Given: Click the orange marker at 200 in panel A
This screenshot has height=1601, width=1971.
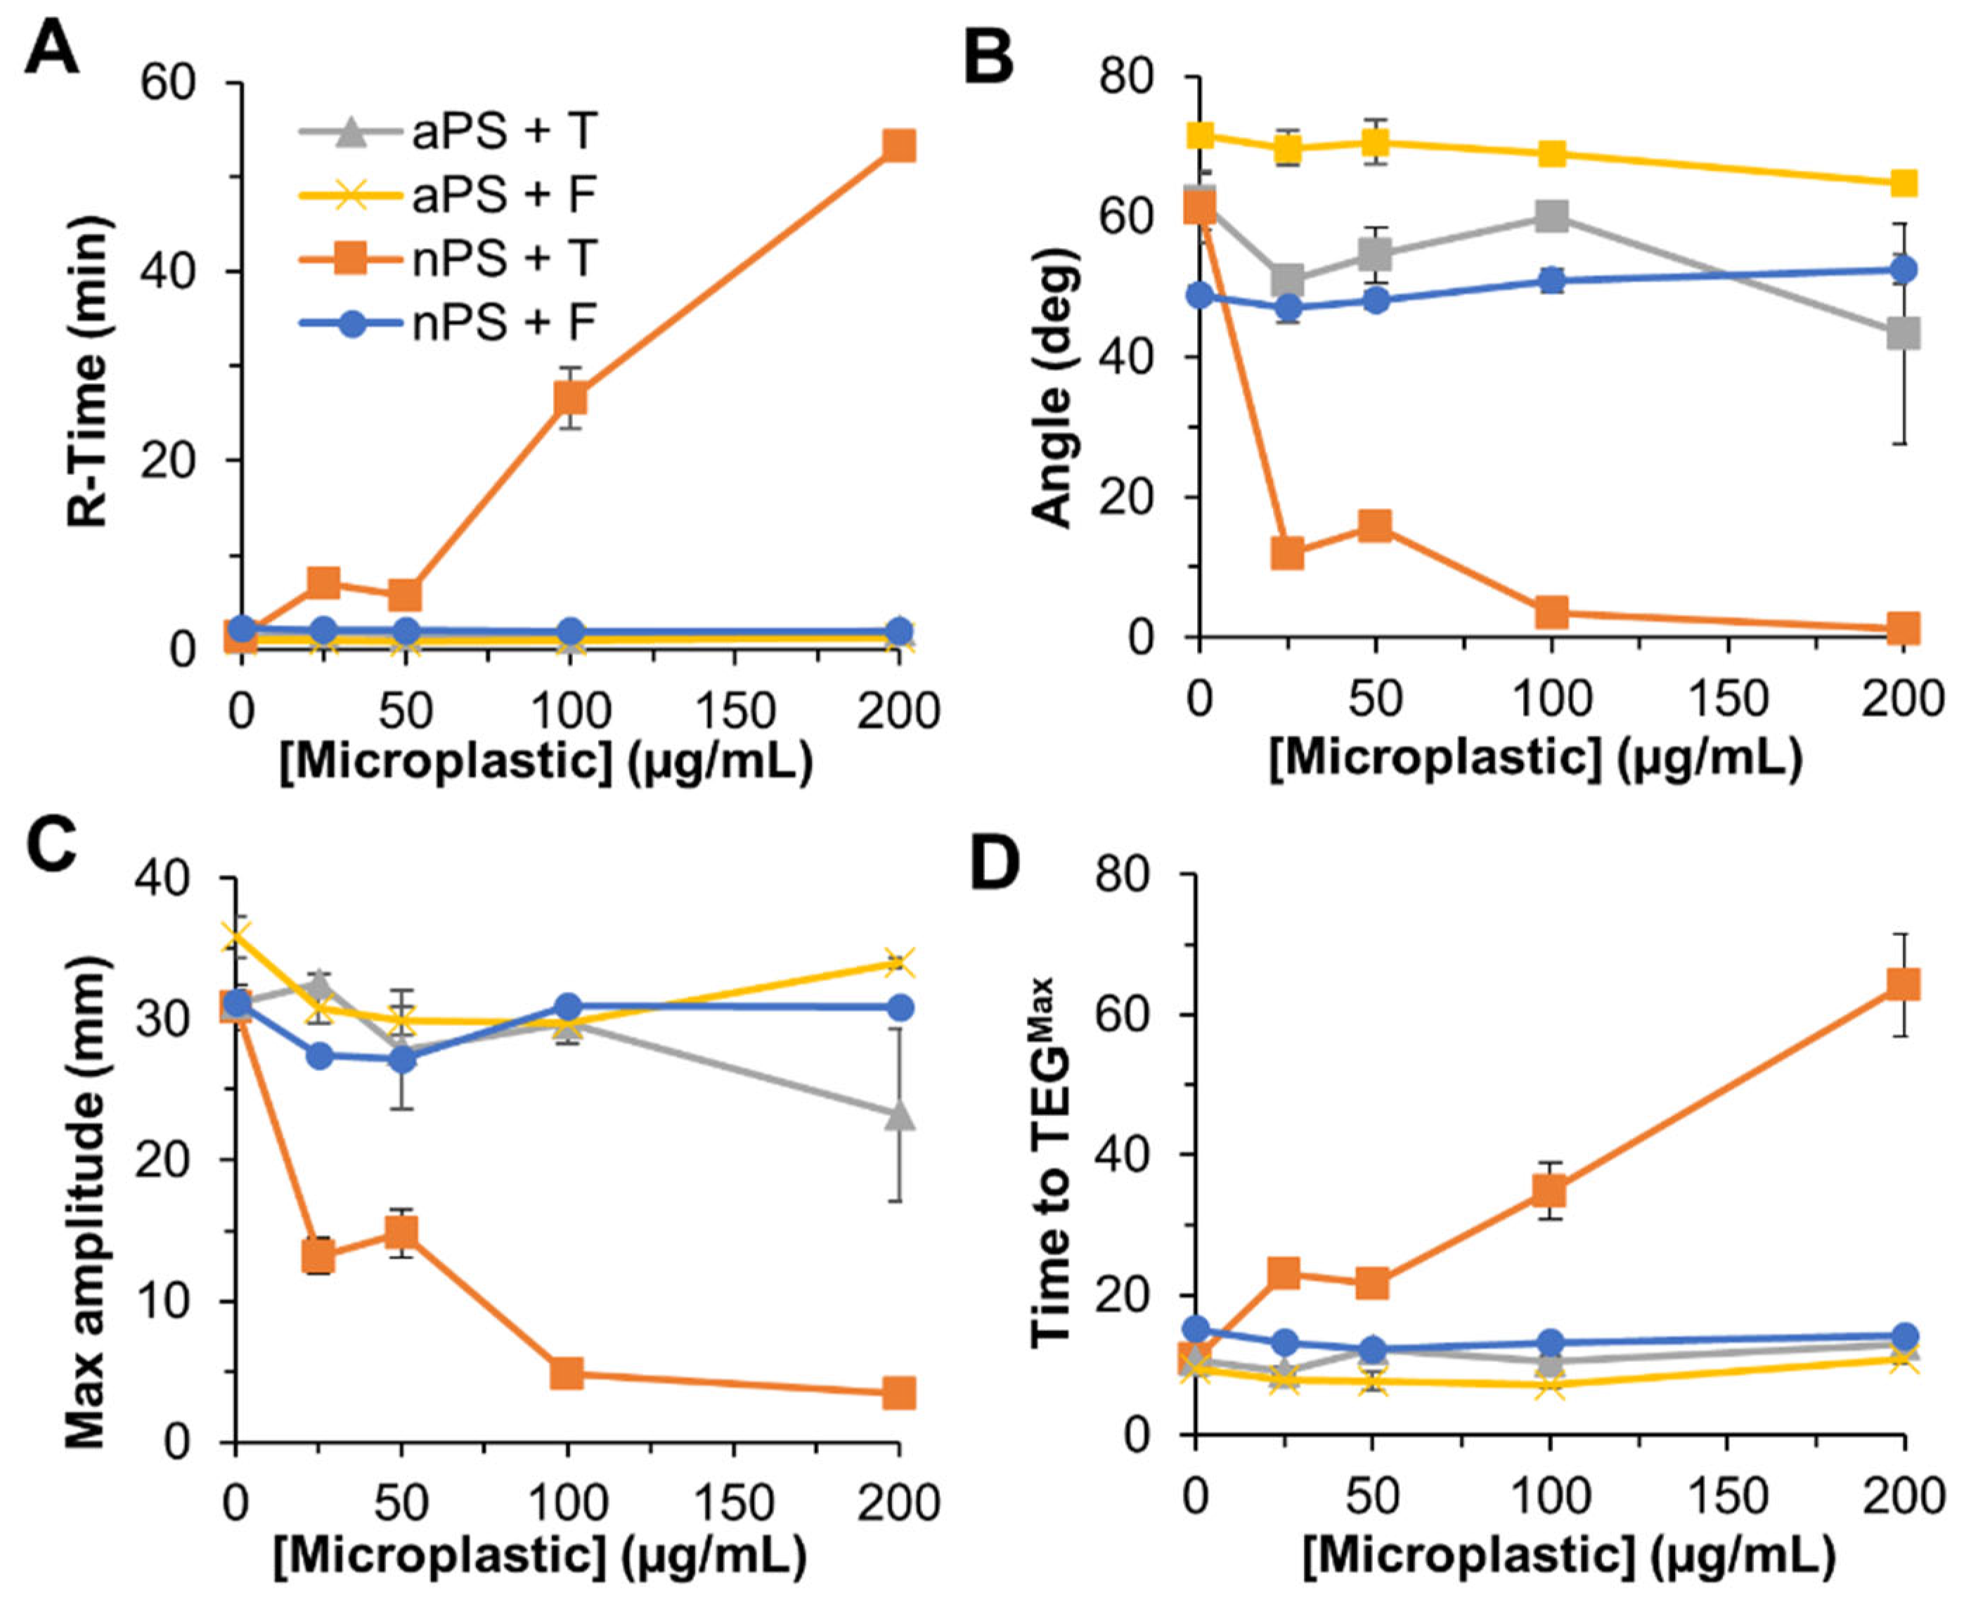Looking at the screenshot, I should (898, 145).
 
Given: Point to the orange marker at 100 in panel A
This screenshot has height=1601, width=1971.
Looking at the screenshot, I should (570, 398).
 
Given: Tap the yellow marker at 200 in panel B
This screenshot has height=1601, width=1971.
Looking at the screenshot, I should (1903, 183).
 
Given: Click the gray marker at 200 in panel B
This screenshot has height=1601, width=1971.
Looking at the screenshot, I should (1903, 333).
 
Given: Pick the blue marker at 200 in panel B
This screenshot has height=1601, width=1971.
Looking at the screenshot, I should (1903, 270).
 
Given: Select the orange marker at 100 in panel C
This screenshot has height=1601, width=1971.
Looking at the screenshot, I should (567, 1373).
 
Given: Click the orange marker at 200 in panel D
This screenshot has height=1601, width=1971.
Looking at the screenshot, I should (1903, 984).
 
